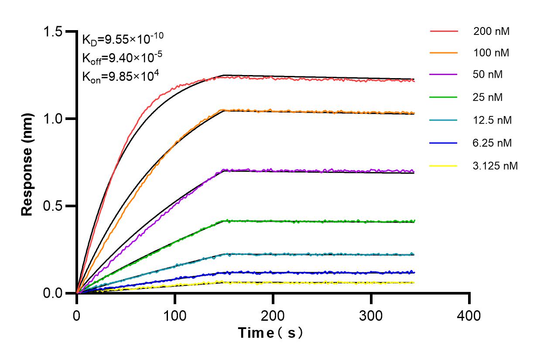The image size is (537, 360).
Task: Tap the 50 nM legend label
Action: click(488, 75)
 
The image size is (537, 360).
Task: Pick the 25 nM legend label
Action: click(488, 97)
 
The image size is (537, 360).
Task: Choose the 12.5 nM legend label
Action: click(493, 120)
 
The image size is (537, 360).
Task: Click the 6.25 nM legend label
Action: click(493, 143)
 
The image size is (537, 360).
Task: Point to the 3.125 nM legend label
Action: click(496, 166)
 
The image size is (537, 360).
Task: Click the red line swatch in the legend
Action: click(444, 31)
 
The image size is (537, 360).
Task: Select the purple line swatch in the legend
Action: click(444, 75)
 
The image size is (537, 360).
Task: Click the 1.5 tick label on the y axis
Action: click(53, 32)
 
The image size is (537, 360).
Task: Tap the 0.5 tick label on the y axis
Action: click(53, 206)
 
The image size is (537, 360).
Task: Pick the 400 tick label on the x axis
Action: click(469, 315)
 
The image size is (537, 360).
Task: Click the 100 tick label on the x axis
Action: click(175, 315)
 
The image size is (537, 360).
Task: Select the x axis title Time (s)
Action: click(270, 333)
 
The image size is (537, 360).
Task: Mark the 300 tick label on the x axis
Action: click(371, 315)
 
